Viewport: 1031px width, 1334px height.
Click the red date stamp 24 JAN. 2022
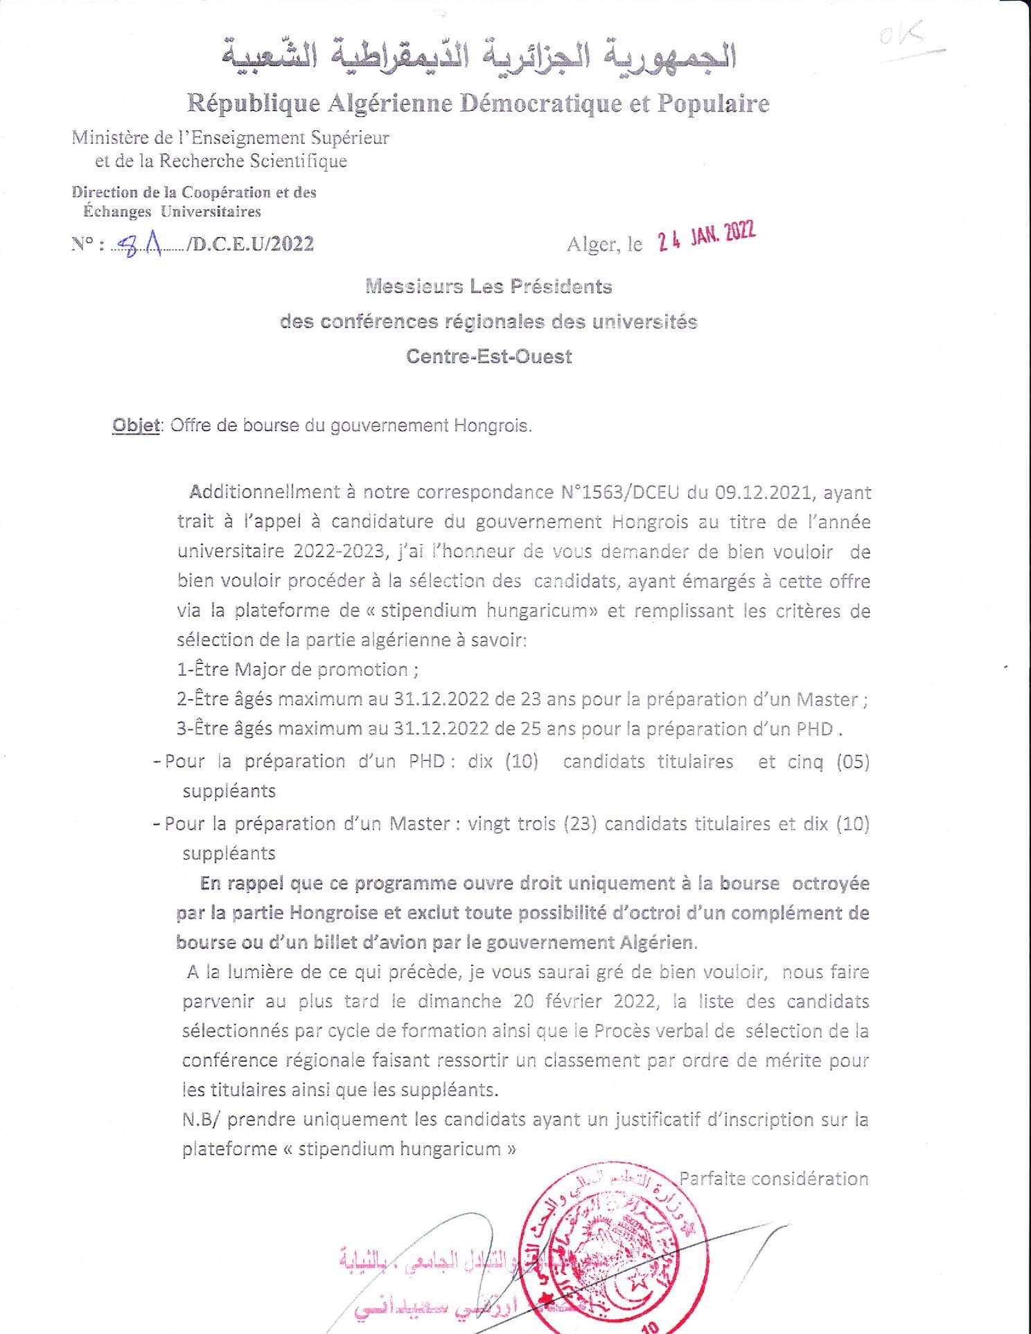tap(706, 237)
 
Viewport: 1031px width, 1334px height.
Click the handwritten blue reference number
tap(140, 243)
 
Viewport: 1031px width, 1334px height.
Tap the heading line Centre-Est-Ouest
tap(489, 357)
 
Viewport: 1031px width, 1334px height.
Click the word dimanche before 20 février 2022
tap(459, 1001)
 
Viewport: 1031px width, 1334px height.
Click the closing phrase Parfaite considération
tap(773, 1179)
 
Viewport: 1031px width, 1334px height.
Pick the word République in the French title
tap(254, 104)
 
